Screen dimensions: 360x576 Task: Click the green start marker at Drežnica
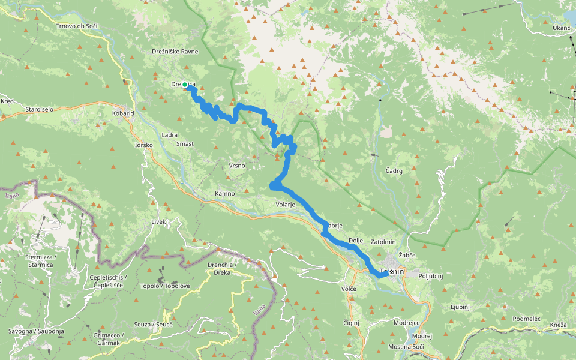click(185, 85)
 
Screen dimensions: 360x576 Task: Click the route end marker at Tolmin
click(392, 272)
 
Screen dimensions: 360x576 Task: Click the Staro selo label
click(41, 110)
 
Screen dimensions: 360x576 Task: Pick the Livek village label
click(158, 222)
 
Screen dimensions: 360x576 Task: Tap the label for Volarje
click(286, 205)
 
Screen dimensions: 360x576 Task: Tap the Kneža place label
click(557, 325)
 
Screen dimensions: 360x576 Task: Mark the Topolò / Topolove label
click(165, 286)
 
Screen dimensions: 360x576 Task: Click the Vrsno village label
click(236, 166)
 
